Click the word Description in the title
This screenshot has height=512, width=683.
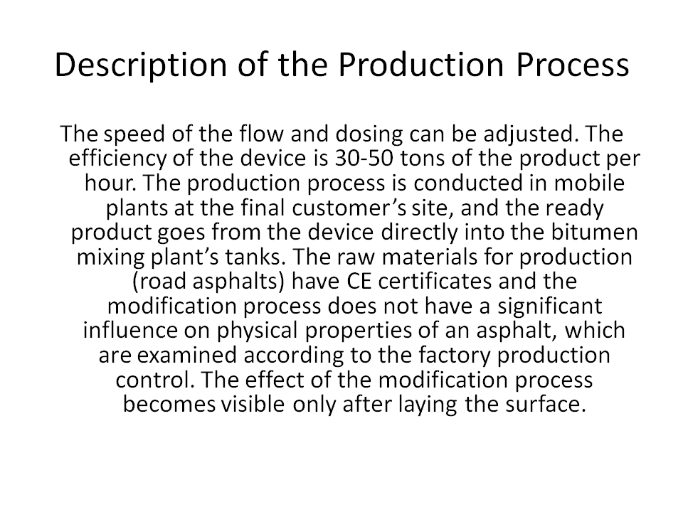141,65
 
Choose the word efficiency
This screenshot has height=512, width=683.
117,159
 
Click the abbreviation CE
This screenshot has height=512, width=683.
359,282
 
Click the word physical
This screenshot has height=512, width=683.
257,331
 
